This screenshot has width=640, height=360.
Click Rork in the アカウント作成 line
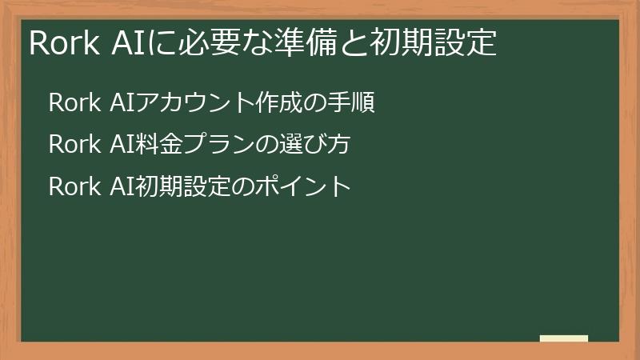[x=74, y=103]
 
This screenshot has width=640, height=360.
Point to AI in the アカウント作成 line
[x=121, y=103]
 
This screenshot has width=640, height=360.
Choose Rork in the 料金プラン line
[x=74, y=145]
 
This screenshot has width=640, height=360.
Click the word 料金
[x=154, y=145]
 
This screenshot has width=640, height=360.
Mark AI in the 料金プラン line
[x=121, y=145]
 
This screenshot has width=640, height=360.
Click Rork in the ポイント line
[x=74, y=186]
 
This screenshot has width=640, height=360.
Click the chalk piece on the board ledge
[x=564, y=338]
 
